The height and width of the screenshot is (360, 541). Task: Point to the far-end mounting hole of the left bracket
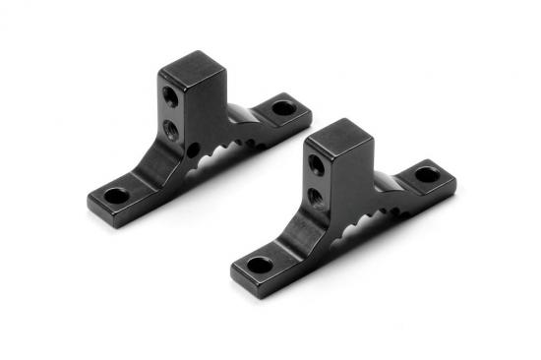[282, 108]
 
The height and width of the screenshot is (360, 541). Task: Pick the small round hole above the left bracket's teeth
[193, 150]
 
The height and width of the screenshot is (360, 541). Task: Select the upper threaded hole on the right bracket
[316, 164]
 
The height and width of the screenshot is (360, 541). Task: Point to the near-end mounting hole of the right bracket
[260, 264]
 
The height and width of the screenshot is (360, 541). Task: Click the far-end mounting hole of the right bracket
[427, 175]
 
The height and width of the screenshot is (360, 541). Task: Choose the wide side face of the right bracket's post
[348, 182]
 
